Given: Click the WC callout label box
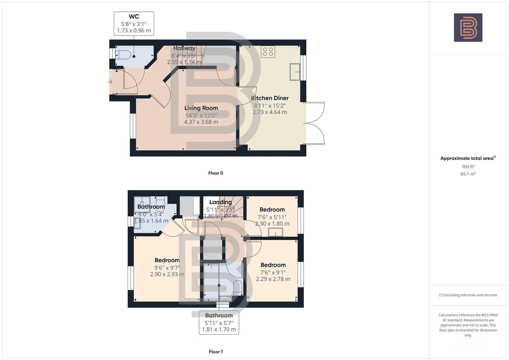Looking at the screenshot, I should point(134,23).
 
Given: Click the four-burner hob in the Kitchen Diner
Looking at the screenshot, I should point(268,52).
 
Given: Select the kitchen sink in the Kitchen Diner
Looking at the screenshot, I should point(295,72).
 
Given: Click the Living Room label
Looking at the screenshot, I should point(201,108).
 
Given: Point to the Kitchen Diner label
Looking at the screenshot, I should point(270,98).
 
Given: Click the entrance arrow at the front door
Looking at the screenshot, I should point(109,82).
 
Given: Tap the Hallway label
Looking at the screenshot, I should point(184,48).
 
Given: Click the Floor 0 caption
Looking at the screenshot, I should point(216,173).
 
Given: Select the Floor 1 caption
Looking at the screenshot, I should point(216,352).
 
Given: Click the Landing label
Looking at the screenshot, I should point(220,202).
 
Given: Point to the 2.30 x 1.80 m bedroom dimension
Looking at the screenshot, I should point(272,224).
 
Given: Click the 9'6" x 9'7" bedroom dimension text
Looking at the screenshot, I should point(167,267).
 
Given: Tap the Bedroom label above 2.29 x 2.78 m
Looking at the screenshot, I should point(273,265).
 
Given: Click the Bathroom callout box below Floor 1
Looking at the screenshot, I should point(219,322).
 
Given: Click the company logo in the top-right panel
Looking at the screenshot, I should point(468,28).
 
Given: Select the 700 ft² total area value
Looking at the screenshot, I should point(468,167).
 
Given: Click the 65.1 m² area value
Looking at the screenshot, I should point(468,174).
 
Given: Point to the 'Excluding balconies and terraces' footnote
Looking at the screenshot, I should point(468,295).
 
